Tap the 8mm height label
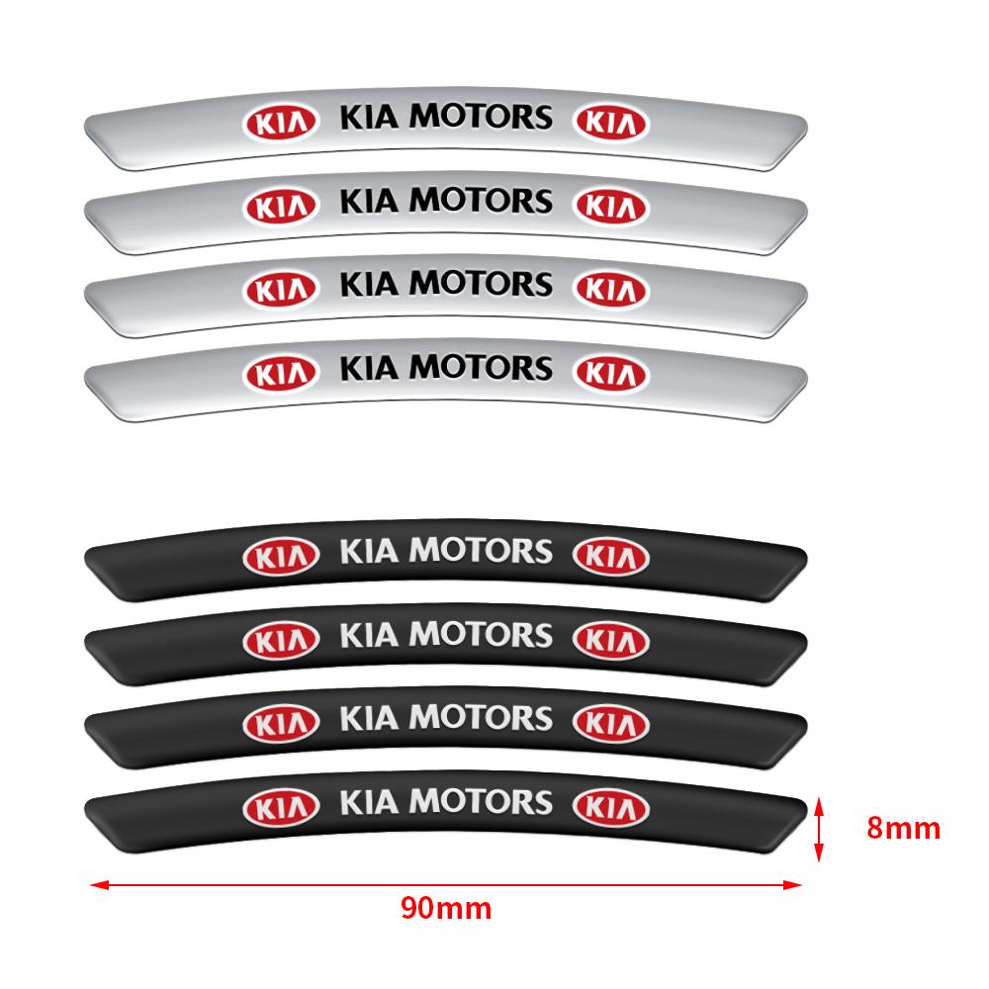[x=903, y=828]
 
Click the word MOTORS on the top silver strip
[x=481, y=117]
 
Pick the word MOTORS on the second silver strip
[x=481, y=201]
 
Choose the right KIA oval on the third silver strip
[x=612, y=290]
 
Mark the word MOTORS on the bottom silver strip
[x=481, y=368]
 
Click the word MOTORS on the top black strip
[x=481, y=550]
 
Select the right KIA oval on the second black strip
[x=612, y=640]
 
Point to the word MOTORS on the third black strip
[x=481, y=717]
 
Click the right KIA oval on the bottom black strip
[x=612, y=807]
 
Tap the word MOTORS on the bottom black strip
[x=481, y=800]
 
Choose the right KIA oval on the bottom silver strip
[x=612, y=374]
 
